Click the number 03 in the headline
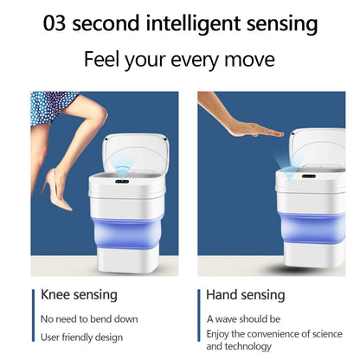point(55,23)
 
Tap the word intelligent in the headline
point(193,24)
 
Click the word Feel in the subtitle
point(101,59)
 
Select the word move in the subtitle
point(249,61)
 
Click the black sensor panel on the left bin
point(122,182)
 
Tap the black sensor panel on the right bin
point(309,176)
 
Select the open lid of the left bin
point(136,154)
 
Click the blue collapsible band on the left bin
point(126,232)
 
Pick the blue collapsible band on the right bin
point(312,228)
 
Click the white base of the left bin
point(127,260)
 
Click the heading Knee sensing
point(79,295)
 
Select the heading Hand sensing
point(246,295)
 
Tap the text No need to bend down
point(89,319)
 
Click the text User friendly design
point(81,337)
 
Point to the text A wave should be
point(243,319)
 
